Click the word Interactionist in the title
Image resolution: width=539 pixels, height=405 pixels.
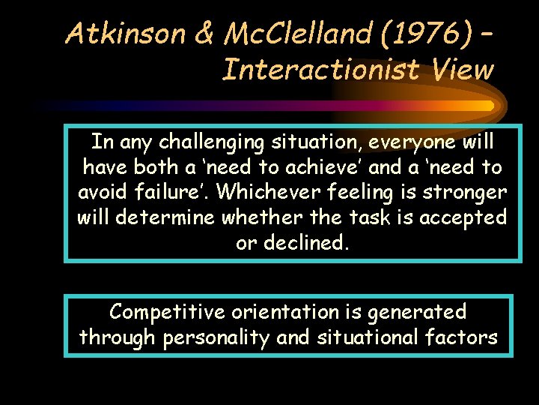click(x=314, y=70)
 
